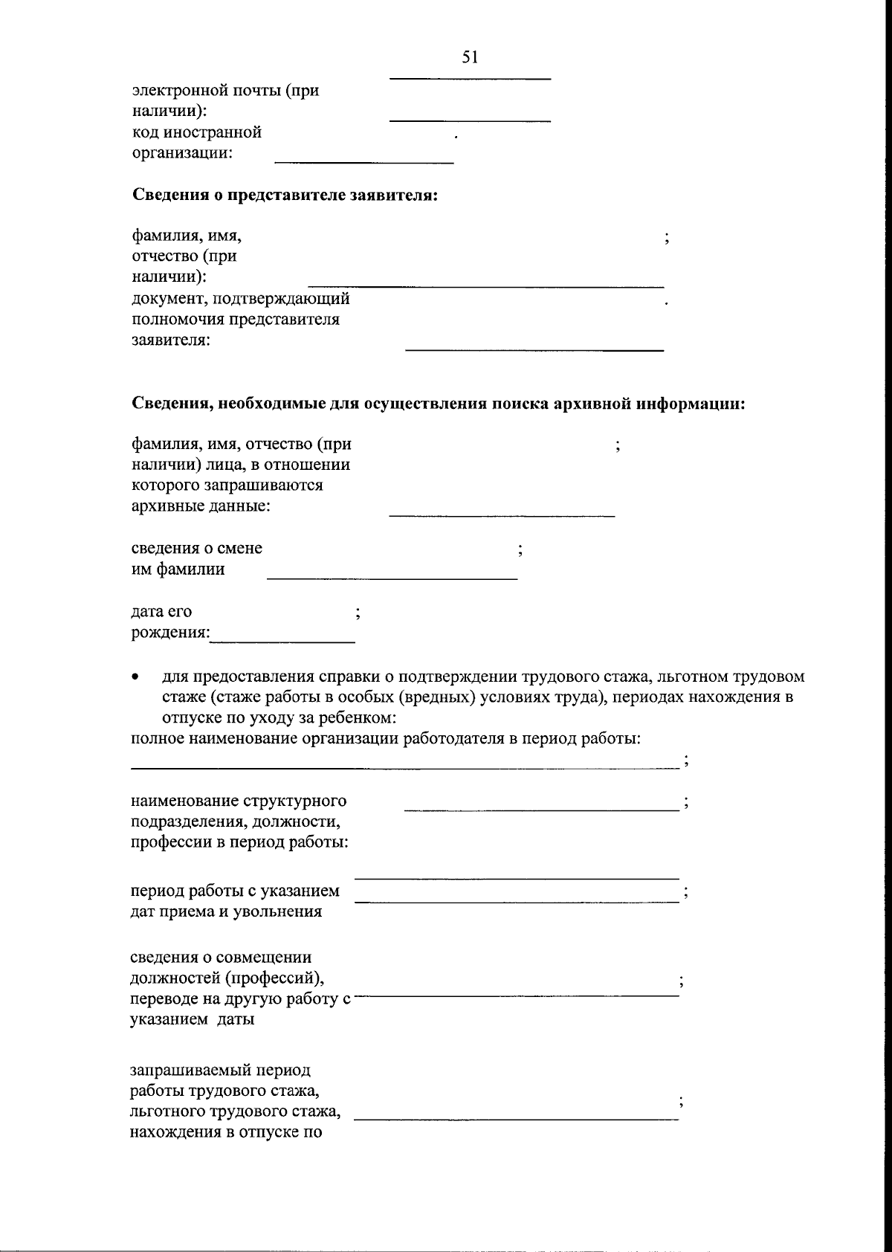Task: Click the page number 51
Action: (469, 57)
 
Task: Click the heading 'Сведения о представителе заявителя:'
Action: (285, 196)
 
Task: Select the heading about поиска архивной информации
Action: (439, 404)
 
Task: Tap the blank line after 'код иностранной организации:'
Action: (364, 161)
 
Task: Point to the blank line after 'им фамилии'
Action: (392, 578)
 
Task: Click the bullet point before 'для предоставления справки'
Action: (135, 678)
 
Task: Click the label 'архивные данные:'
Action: (201, 506)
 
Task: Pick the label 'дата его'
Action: (161, 611)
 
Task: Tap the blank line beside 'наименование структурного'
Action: (541, 808)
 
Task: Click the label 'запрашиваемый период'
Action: (221, 1071)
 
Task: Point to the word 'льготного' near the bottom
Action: (168, 1112)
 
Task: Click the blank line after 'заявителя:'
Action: (534, 349)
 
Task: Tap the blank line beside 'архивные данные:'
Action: (502, 515)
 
